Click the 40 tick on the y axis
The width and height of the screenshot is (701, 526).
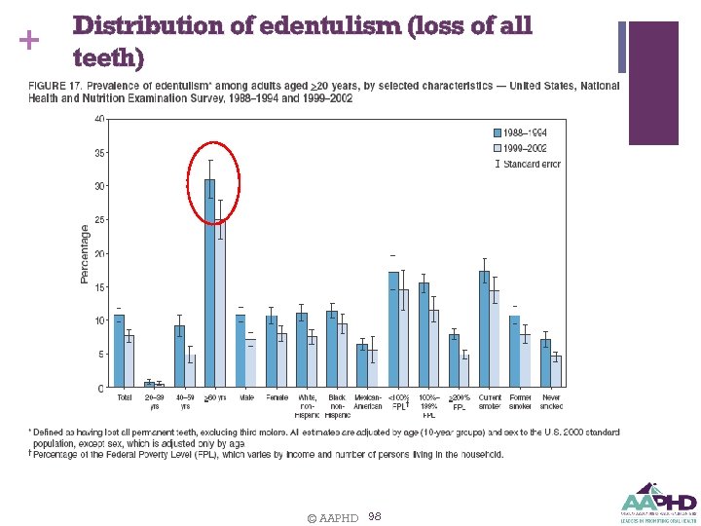[x=99, y=119]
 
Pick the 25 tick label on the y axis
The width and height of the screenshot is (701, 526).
[x=99, y=220]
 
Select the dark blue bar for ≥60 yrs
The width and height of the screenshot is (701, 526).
[x=209, y=282]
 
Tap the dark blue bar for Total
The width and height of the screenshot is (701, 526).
[x=119, y=351]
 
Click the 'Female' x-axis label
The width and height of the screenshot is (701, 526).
[x=277, y=397]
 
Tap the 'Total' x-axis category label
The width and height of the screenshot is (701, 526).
[x=124, y=397]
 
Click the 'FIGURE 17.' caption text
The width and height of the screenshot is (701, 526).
[x=53, y=87]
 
